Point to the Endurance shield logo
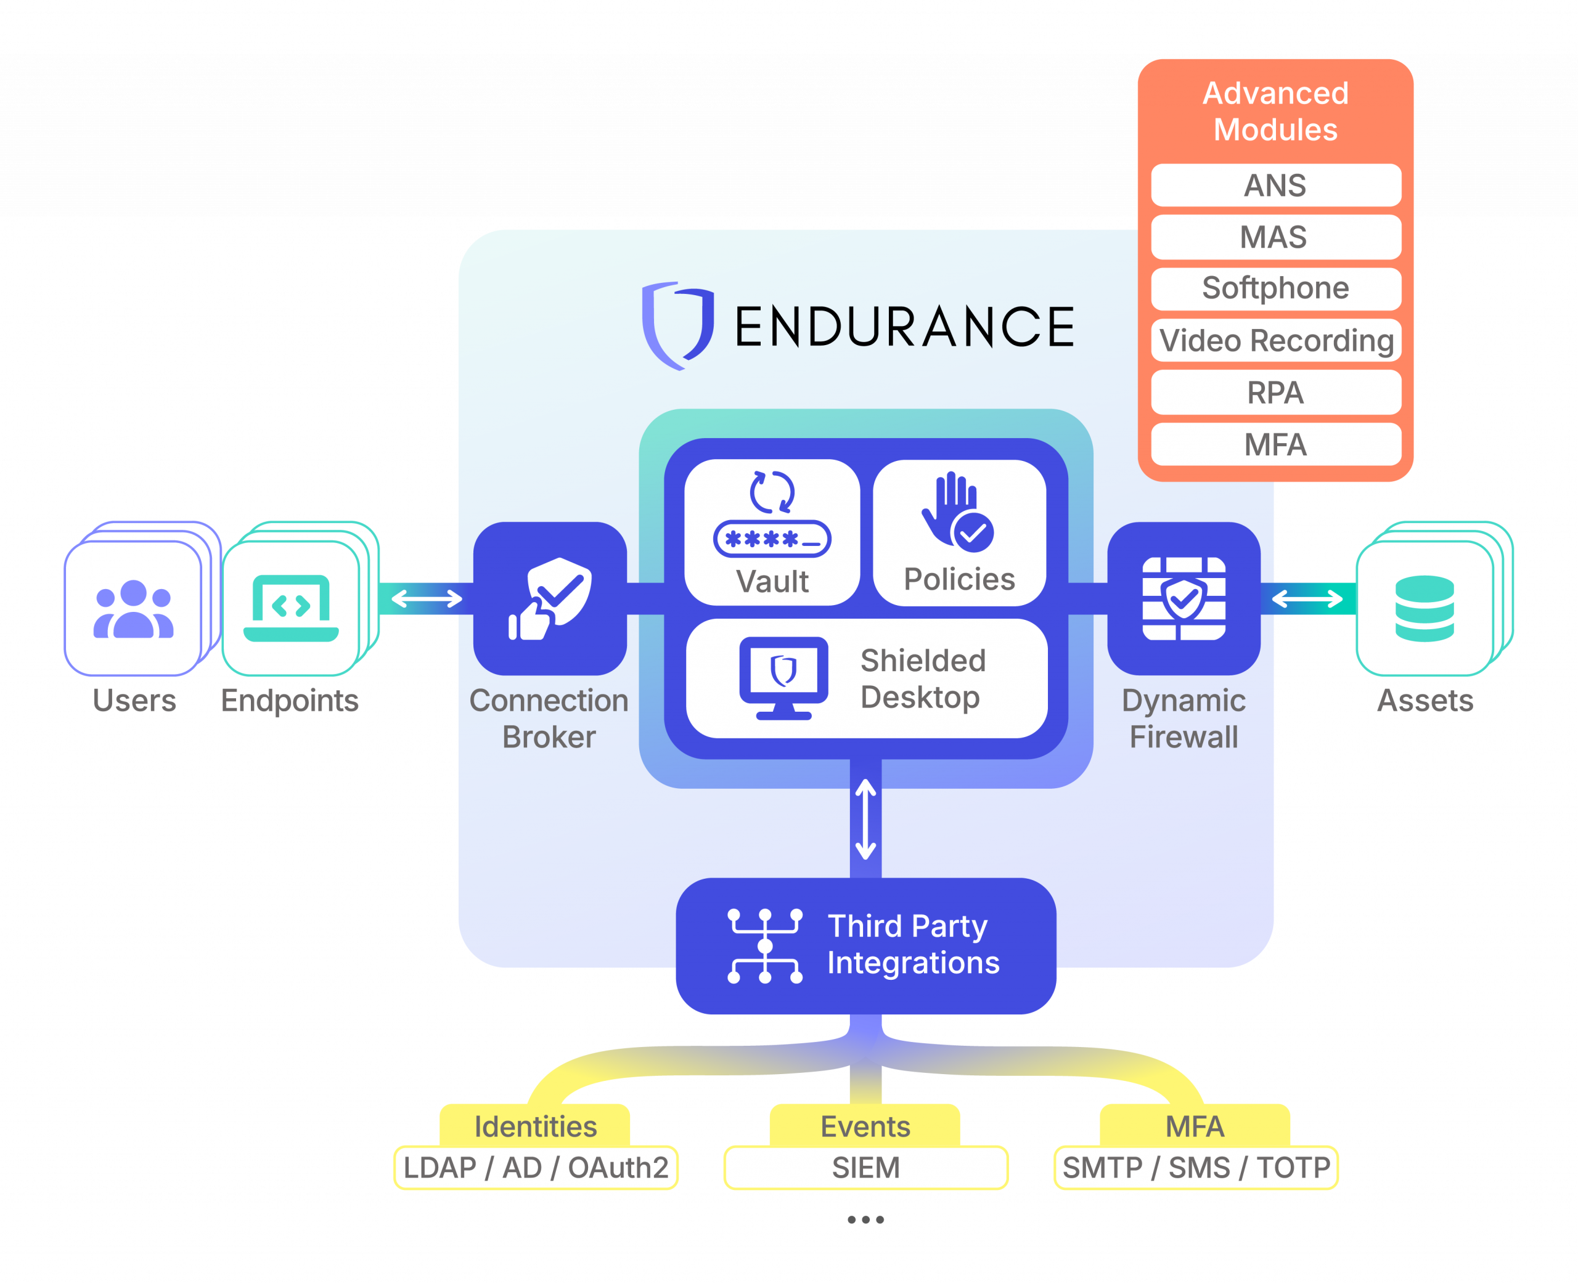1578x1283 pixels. (x=677, y=325)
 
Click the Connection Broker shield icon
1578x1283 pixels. (x=550, y=598)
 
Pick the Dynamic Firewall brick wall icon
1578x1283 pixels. (x=1183, y=598)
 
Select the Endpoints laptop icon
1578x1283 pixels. (x=290, y=608)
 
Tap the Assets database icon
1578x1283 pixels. (x=1425, y=608)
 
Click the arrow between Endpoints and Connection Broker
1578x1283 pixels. (x=427, y=598)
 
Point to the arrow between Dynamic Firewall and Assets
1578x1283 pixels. (x=1307, y=598)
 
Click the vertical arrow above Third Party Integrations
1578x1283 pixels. (x=865, y=819)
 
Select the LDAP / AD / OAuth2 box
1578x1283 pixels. (x=535, y=1168)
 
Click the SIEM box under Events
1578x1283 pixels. (x=865, y=1168)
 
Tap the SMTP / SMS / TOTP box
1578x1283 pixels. (x=1195, y=1168)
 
